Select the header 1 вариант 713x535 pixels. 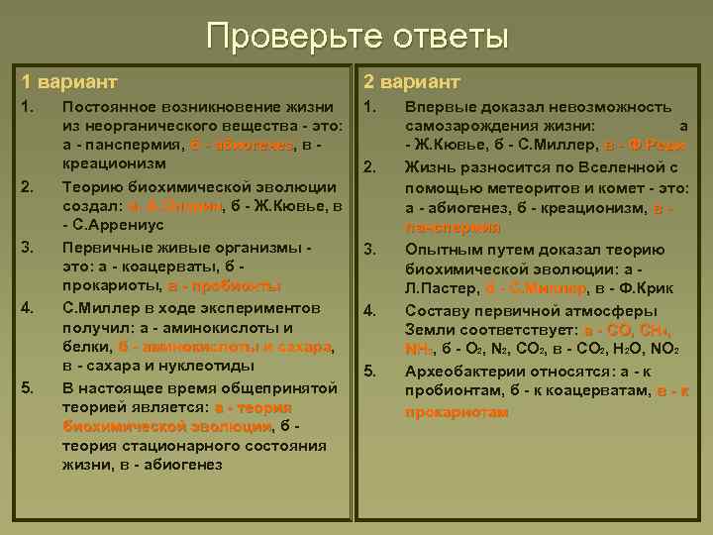[69, 80]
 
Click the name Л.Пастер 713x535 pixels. [440, 288]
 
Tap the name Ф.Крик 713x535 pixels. [645, 288]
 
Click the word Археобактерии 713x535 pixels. [463, 371]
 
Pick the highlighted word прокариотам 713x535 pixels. [457, 411]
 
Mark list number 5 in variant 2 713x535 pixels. [372, 371]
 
